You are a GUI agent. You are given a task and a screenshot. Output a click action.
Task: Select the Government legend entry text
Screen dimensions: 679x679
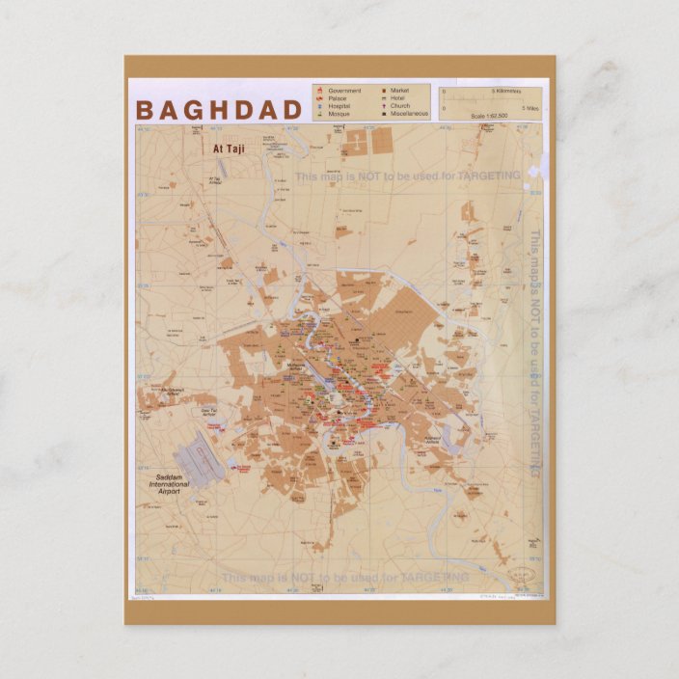click(x=344, y=91)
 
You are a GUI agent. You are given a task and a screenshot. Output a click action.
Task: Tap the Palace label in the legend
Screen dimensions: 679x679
click(x=338, y=98)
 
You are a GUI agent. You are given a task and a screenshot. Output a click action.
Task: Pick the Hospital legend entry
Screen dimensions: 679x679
click(x=339, y=106)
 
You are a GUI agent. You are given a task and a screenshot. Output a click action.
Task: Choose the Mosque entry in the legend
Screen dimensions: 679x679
click(x=339, y=114)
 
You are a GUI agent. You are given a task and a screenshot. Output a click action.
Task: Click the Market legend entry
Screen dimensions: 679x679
click(x=399, y=91)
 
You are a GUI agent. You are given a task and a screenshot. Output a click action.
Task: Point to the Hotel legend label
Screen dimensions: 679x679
click(x=397, y=98)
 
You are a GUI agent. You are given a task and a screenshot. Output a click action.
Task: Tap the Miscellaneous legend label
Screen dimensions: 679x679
click(x=409, y=114)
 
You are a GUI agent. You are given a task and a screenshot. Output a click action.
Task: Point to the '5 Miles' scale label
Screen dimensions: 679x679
click(x=529, y=108)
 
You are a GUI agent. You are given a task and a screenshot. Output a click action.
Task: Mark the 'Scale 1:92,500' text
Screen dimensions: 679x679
click(x=490, y=117)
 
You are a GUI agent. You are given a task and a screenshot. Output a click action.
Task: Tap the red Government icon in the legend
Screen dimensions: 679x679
click(x=318, y=91)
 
